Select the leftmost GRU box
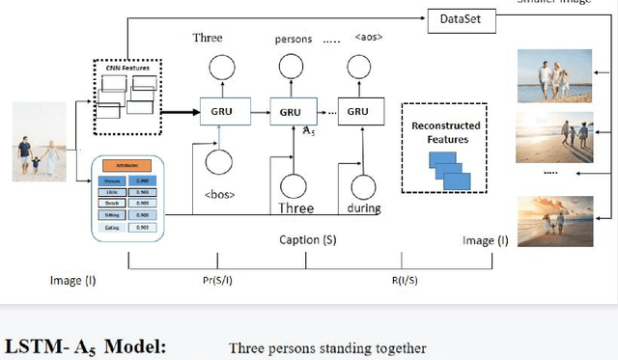(x=222, y=111)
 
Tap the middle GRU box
(x=291, y=111)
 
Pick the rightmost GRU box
(x=357, y=111)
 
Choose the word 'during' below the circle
(x=364, y=208)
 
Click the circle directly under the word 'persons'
(x=291, y=66)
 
